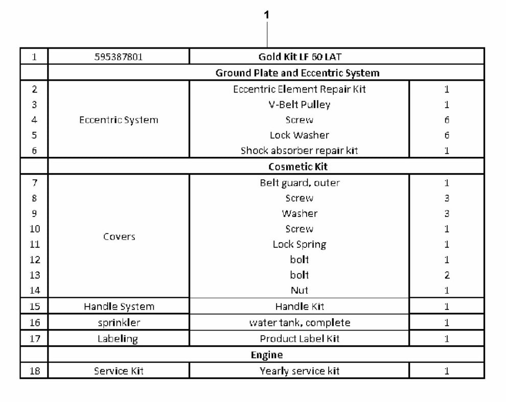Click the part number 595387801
[119, 57]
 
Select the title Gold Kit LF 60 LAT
[300, 57]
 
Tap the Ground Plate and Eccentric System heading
[297, 73]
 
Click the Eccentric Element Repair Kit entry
[300, 89]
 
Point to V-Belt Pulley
[300, 105]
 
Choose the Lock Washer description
[300, 135]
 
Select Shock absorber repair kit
[300, 150]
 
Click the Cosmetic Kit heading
[298, 167]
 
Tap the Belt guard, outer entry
[300, 183]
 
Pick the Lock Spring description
[300, 244]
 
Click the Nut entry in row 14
[300, 290]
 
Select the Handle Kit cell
[300, 306]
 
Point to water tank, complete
[300, 322]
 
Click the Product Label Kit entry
[300, 339]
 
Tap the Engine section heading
[267, 355]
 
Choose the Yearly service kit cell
[300, 371]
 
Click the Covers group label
[119, 237]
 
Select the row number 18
[35, 371]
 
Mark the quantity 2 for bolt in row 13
[447, 275]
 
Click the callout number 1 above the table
[267, 14]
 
